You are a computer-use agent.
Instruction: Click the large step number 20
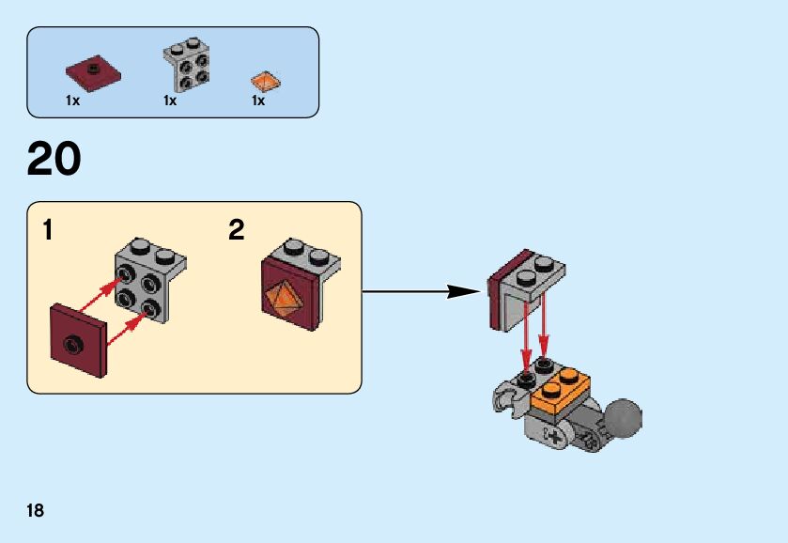tap(54, 159)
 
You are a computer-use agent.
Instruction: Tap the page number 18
tap(35, 511)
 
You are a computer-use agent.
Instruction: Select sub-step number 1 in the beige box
tap(47, 230)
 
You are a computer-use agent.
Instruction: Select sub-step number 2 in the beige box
tap(237, 230)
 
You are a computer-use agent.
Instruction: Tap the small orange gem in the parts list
tap(265, 81)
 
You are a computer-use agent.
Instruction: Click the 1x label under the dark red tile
tap(72, 101)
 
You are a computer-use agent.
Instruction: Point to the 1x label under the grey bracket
tap(170, 101)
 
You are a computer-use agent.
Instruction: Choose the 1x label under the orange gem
tap(258, 101)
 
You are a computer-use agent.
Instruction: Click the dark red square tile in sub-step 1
tap(79, 340)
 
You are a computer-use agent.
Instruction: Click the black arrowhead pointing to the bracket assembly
tap(462, 291)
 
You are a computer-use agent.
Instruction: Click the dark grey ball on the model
tap(624, 419)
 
